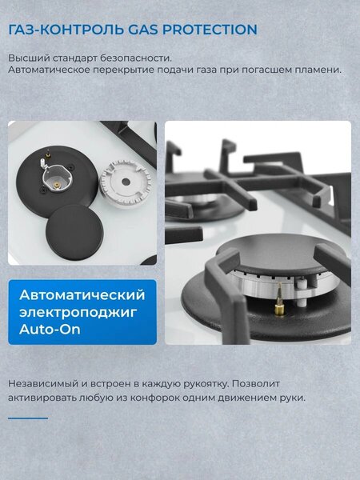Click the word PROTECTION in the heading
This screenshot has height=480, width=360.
point(210,30)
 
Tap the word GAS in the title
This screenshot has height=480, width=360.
point(143,30)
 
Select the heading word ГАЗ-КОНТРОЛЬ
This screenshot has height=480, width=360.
point(66,30)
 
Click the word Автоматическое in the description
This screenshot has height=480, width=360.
point(49,70)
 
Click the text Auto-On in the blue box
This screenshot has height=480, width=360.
point(50,329)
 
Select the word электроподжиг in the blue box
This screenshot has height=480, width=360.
point(78,313)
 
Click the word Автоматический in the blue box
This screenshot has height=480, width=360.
point(82,295)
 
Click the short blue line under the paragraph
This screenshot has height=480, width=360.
point(28,418)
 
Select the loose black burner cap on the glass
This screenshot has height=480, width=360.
point(74,232)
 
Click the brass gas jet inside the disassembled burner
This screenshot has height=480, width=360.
point(57,185)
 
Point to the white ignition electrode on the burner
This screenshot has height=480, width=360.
point(302,292)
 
